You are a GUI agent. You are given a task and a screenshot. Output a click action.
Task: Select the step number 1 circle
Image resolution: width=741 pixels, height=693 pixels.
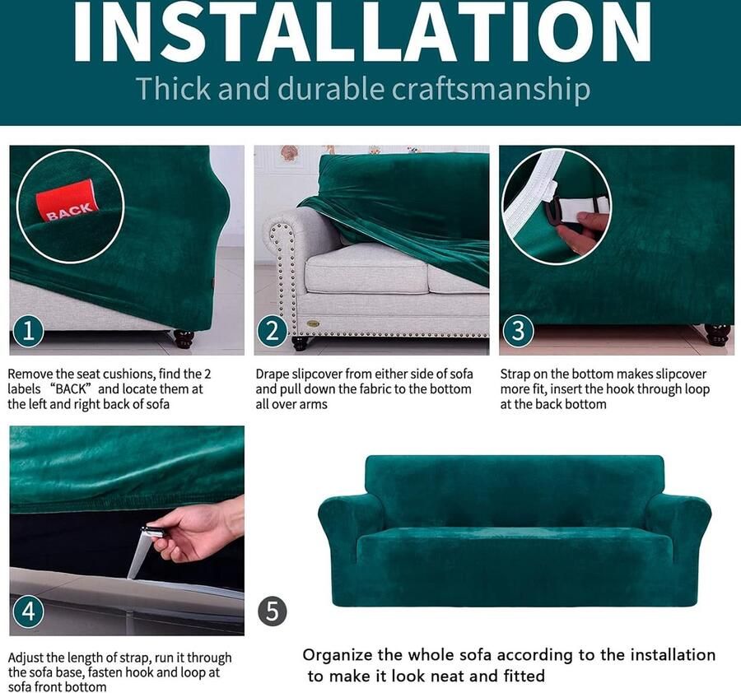(28, 331)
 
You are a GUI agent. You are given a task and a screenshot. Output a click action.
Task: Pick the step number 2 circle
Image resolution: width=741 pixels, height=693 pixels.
(273, 331)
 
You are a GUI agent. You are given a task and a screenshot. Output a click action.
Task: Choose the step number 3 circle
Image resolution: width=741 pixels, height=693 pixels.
(519, 330)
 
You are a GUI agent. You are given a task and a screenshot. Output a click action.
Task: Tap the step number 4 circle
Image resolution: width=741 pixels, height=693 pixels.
(28, 612)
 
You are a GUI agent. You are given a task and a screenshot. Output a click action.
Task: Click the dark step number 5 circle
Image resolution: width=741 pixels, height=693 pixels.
(273, 612)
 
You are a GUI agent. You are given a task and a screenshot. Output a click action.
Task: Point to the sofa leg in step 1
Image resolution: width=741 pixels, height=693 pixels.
(184, 338)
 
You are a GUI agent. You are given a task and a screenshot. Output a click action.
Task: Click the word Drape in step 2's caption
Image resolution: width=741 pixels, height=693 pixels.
(272, 374)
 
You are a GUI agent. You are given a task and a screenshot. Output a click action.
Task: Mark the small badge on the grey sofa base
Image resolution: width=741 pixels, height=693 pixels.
(312, 323)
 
